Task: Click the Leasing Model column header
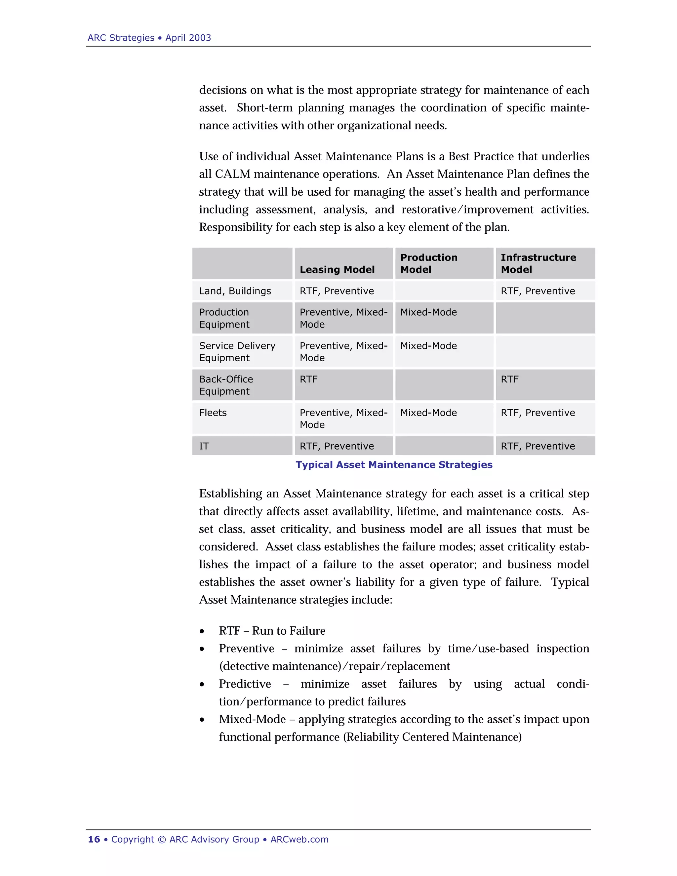[337, 269]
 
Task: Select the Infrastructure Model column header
[538, 263]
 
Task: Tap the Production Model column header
[428, 263]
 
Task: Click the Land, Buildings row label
[235, 291]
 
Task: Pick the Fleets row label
[213, 413]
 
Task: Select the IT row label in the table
[204, 446]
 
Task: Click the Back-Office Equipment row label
[226, 385]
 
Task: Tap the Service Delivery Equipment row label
[237, 352]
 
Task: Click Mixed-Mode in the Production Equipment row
[428, 312]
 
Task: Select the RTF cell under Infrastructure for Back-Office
[509, 379]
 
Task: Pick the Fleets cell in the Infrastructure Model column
[538, 413]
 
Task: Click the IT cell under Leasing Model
[337, 446]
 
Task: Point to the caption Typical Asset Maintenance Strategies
[394, 465]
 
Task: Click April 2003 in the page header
[188, 38]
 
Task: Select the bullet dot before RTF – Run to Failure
[202, 632]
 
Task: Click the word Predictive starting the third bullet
[245, 684]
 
